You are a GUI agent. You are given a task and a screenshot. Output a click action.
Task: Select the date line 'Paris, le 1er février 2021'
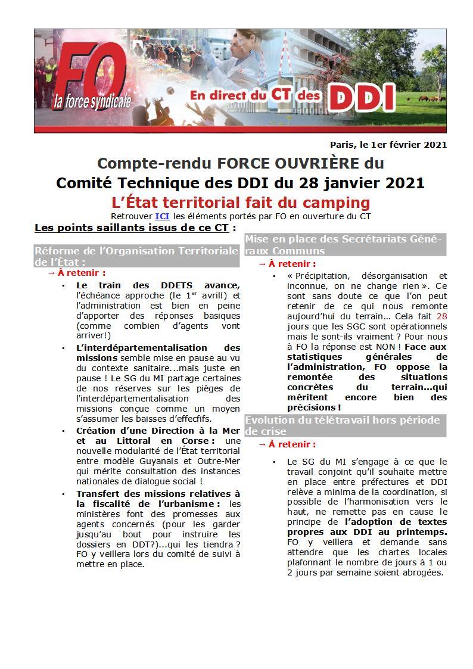pos(388,145)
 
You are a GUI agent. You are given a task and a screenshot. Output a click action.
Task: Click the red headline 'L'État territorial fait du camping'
pos(241,202)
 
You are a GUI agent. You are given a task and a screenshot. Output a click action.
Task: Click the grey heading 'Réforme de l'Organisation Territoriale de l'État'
pos(136,256)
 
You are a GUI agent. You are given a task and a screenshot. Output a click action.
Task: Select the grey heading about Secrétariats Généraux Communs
pos(344,245)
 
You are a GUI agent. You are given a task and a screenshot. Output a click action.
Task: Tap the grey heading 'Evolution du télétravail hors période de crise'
pos(344,425)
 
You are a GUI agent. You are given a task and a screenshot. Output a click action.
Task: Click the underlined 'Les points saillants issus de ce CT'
pos(132,228)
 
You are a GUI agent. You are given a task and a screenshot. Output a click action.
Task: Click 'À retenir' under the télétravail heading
pos(292,444)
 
